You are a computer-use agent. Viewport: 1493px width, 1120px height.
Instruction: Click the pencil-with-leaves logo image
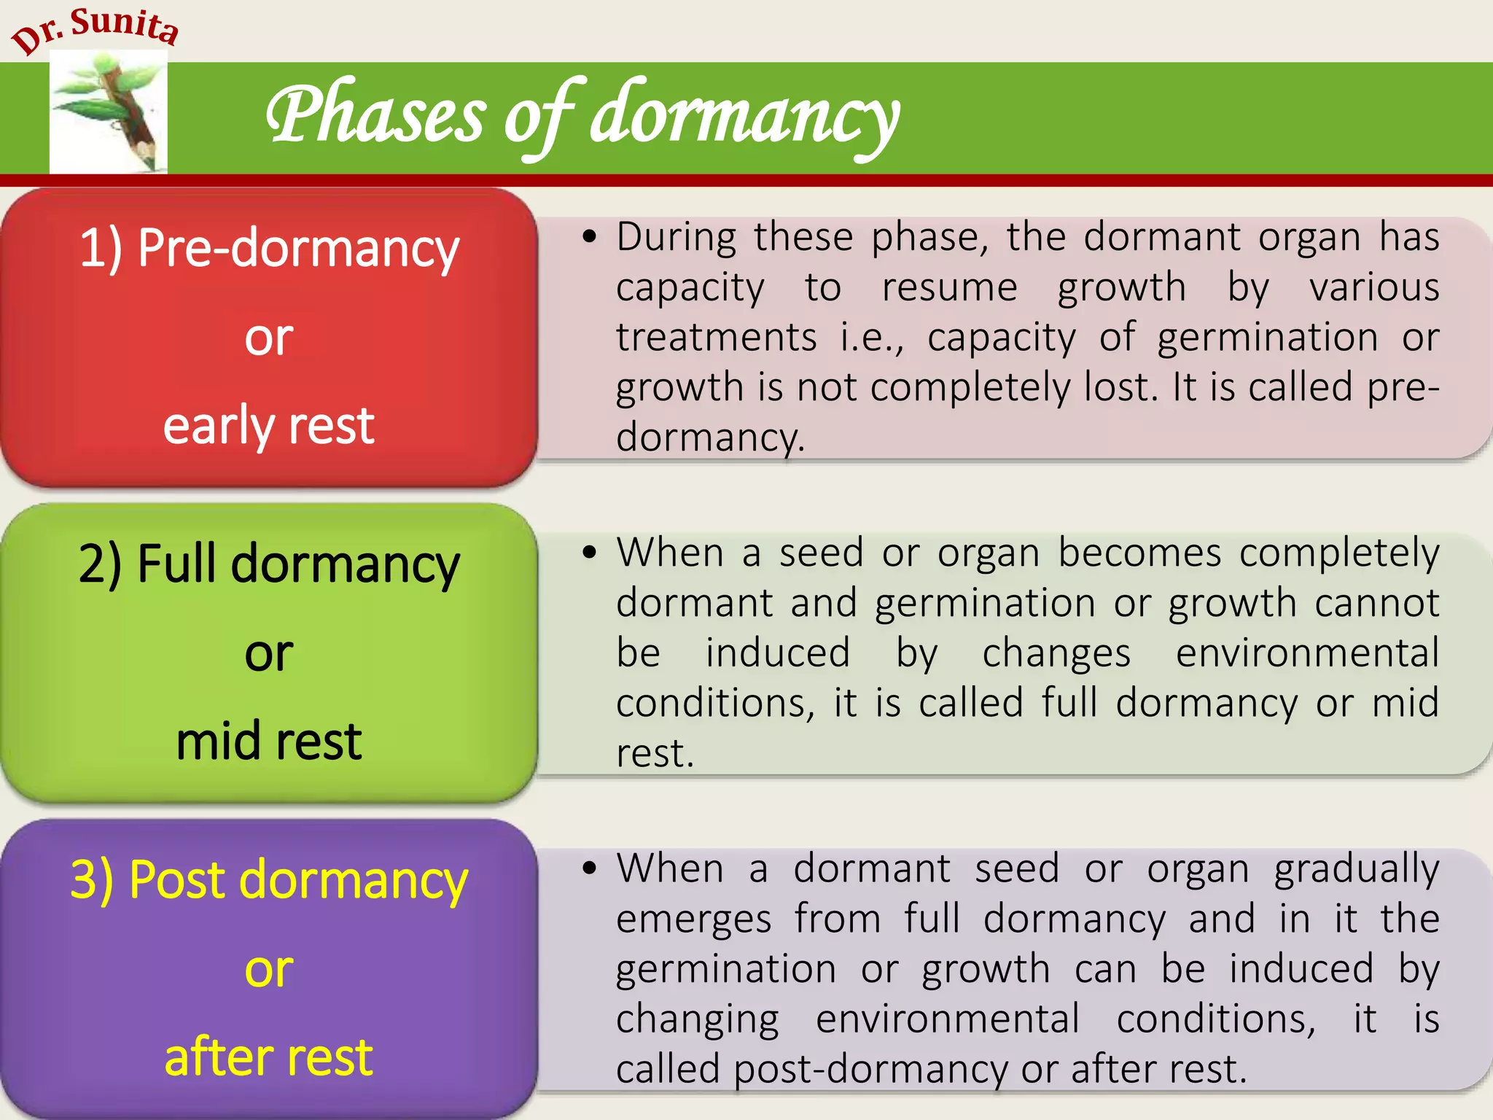[x=109, y=114]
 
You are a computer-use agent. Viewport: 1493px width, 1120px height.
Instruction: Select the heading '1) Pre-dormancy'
[x=269, y=248]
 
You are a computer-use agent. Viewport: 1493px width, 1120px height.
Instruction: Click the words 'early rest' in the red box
[x=268, y=425]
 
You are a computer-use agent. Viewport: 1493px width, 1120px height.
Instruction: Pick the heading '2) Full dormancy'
[x=269, y=564]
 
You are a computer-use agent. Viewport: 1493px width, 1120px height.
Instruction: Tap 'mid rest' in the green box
[x=268, y=741]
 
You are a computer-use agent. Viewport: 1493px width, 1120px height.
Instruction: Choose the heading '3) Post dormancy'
[x=269, y=879]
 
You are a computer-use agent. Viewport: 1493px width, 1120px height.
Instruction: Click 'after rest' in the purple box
[x=268, y=1057]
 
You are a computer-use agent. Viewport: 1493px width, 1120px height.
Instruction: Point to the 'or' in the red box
[x=268, y=337]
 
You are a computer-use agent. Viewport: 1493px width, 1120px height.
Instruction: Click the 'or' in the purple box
[x=268, y=969]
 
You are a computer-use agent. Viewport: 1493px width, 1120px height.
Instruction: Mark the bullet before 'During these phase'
[x=589, y=237]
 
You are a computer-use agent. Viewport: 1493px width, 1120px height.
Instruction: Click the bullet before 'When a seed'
[x=589, y=553]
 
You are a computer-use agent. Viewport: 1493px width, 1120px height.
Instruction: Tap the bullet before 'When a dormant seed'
[x=589, y=868]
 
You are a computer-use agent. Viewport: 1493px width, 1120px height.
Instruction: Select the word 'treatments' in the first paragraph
[x=716, y=338]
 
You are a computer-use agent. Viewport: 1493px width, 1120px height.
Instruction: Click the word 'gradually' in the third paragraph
[x=1356, y=870]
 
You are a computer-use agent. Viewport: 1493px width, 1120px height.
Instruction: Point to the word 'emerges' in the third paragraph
[x=693, y=919]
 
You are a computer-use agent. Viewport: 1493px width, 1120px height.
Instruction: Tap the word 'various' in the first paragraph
[x=1374, y=287]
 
